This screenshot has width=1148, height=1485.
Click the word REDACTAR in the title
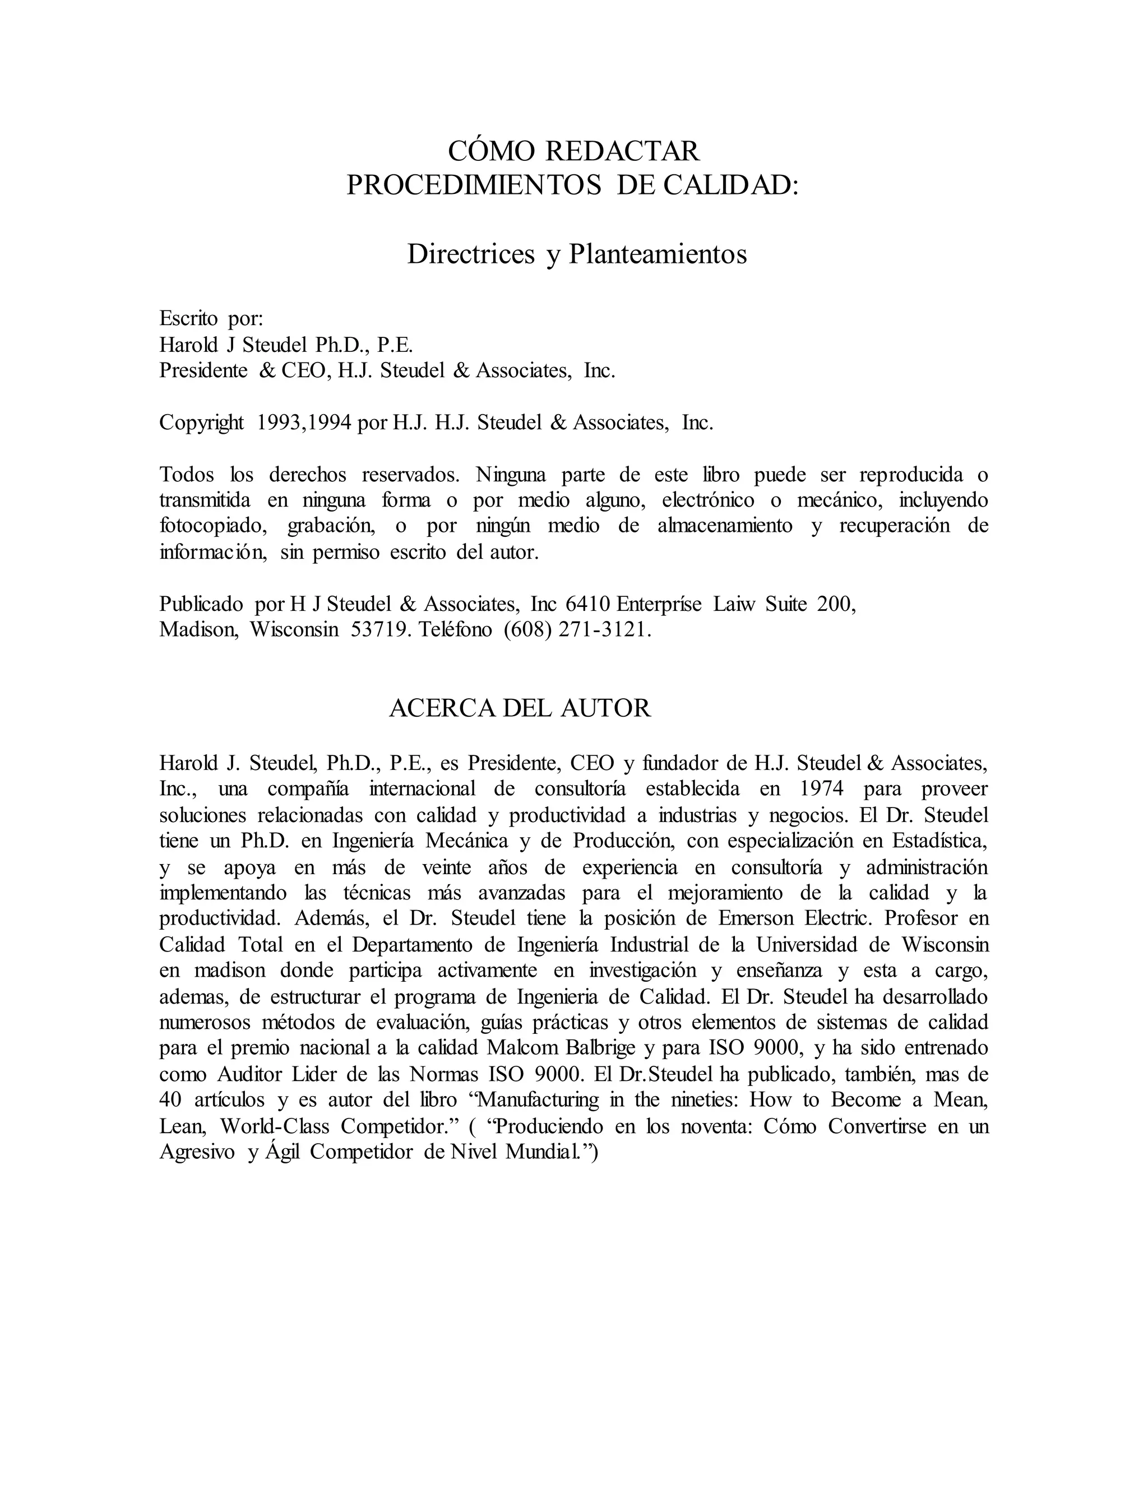click(622, 151)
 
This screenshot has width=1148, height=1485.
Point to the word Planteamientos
click(658, 254)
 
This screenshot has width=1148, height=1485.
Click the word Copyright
click(201, 423)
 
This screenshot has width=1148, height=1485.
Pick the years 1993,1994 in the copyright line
click(304, 423)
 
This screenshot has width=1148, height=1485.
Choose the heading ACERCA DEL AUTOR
click(520, 708)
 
